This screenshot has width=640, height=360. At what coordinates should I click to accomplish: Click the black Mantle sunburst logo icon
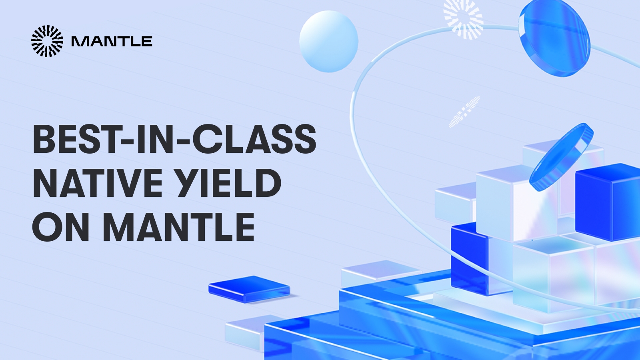coord(47,41)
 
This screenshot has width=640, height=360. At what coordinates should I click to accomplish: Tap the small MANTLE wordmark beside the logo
coord(112,42)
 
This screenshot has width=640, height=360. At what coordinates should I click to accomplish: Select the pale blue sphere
coord(328,41)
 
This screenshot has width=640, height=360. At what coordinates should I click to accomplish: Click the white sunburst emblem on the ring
coord(464,19)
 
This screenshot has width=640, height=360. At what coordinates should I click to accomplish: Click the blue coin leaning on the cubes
coord(561,156)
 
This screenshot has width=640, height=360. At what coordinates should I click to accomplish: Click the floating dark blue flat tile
coord(249,288)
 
